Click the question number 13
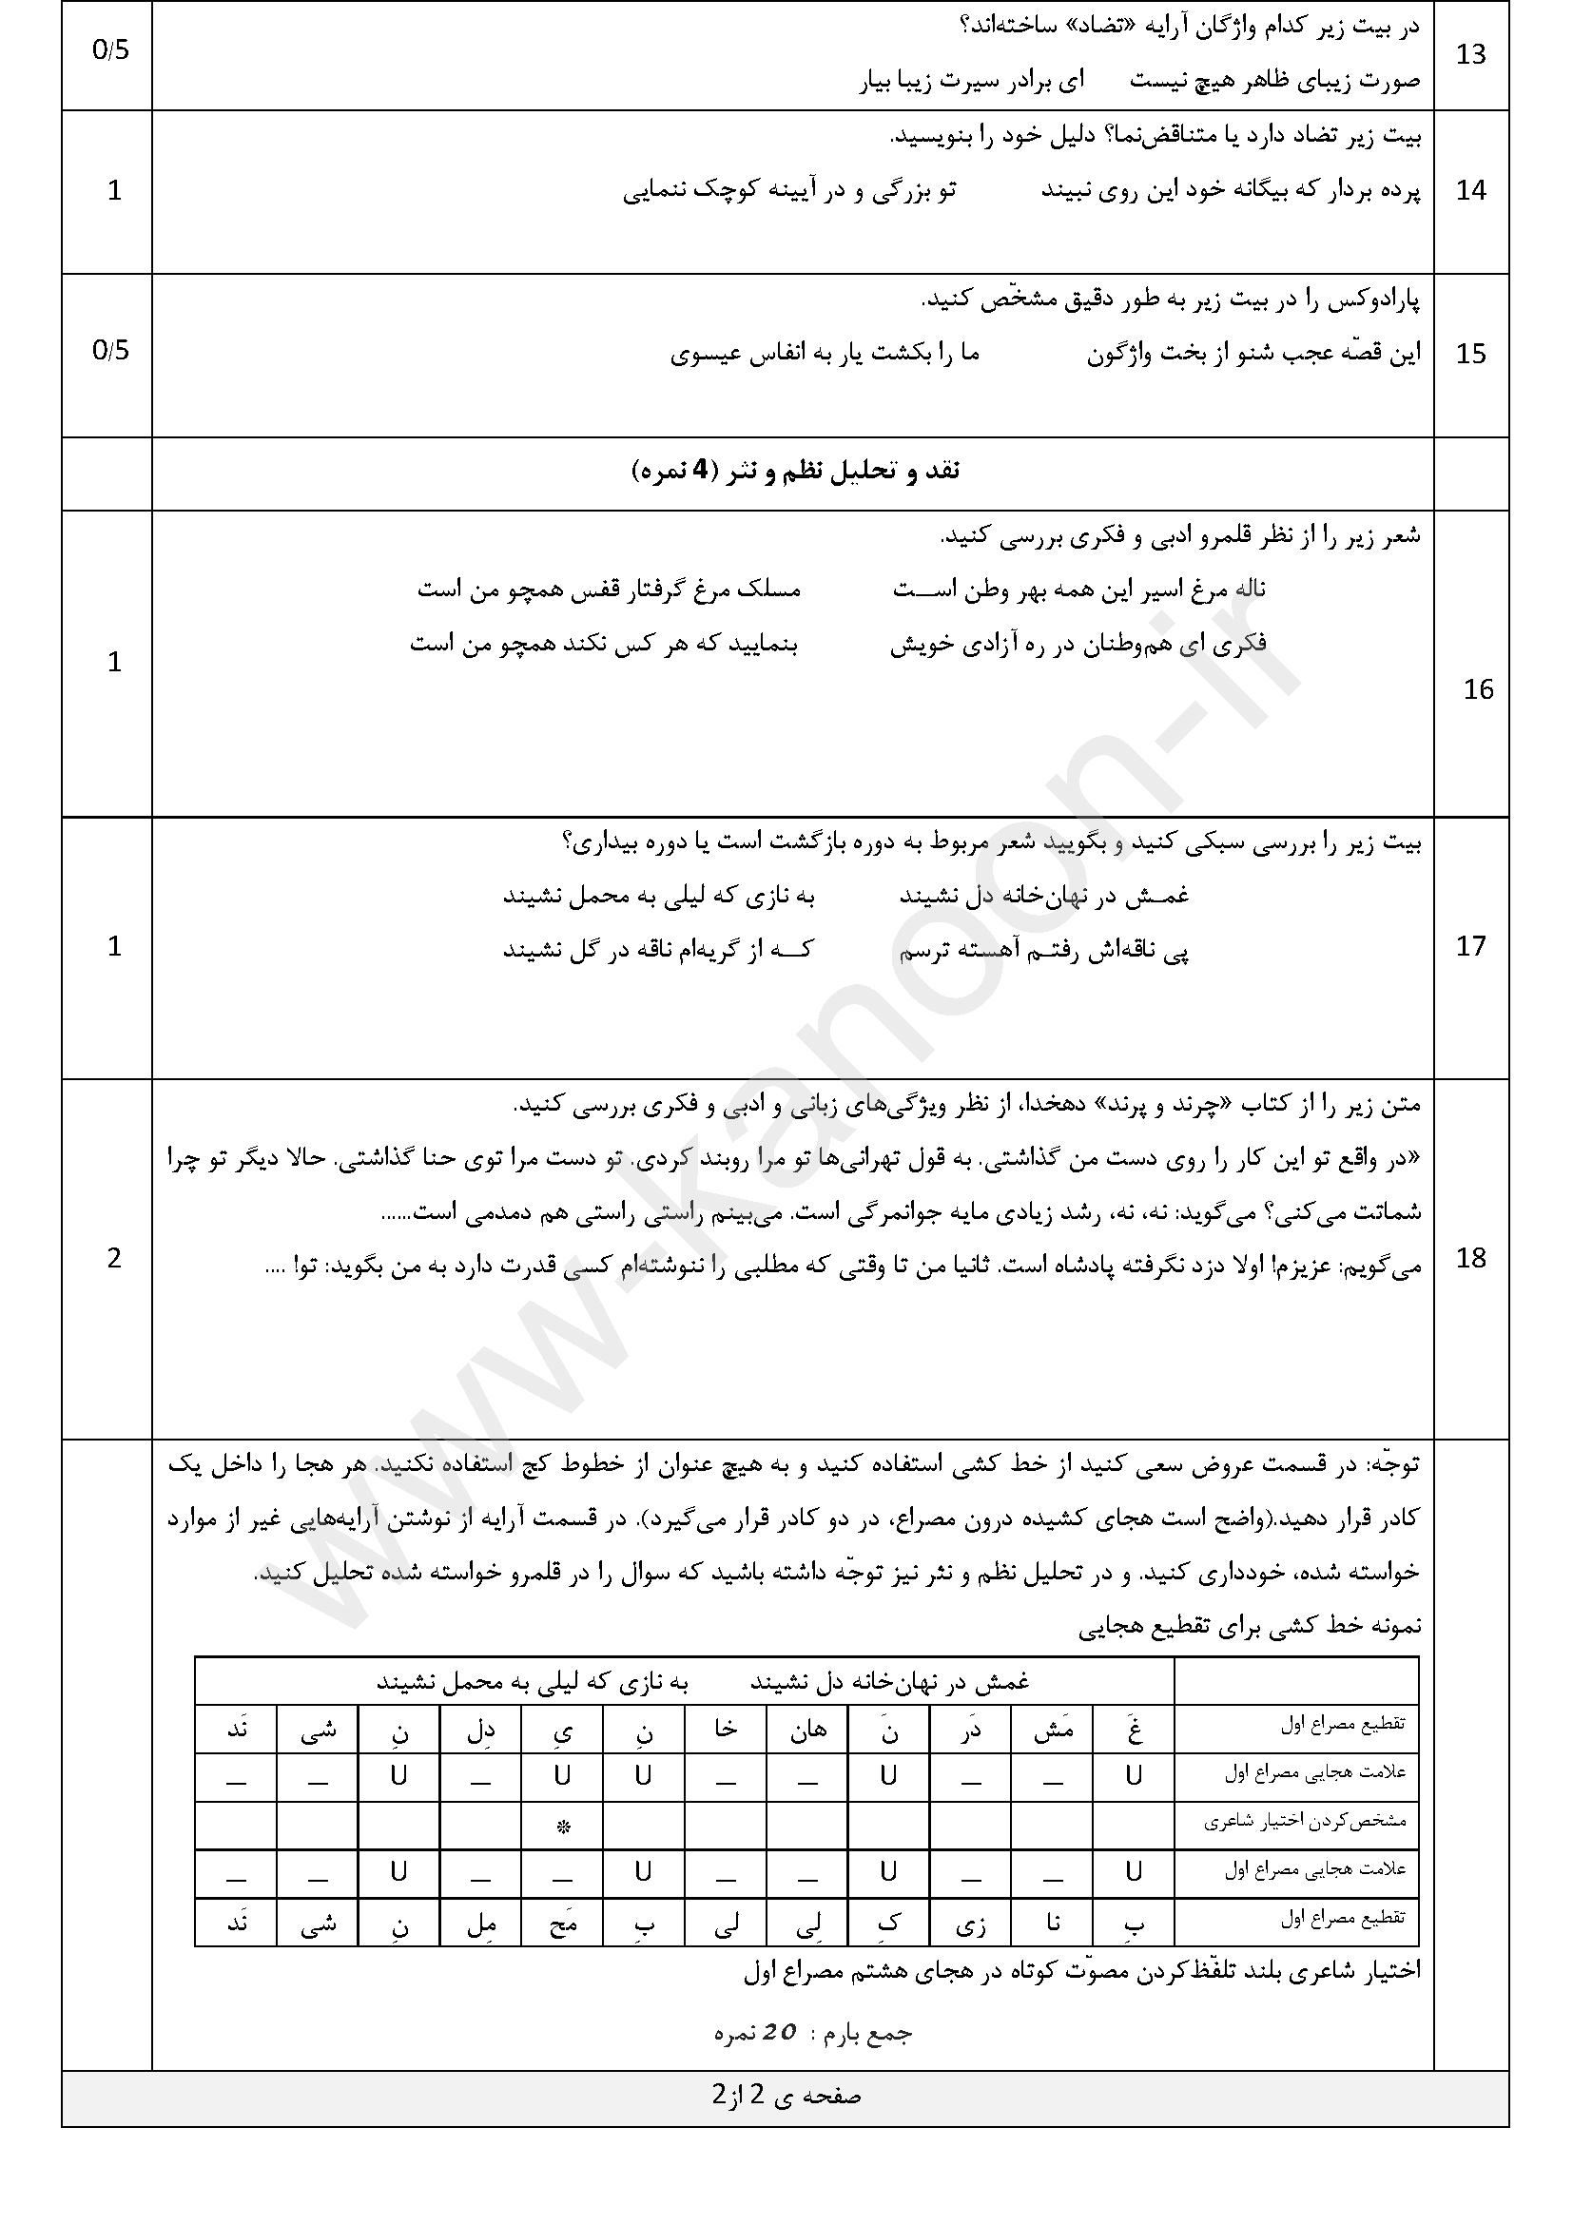(1470, 55)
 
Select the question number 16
(1478, 689)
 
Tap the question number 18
(1470, 1258)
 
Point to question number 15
(1470, 355)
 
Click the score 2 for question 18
(114, 1258)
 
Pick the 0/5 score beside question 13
(110, 50)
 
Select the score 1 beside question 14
(114, 191)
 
